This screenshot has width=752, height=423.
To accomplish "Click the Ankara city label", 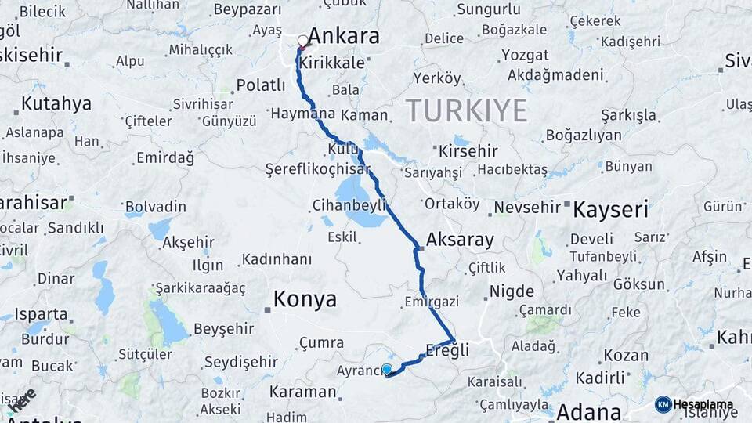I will pyautogui.click(x=344, y=36).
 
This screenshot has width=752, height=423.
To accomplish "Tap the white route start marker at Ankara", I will pyautogui.click(x=303, y=40).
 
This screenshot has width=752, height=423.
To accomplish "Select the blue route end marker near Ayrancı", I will pyautogui.click(x=386, y=369).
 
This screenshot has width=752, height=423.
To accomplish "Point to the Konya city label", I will pyautogui.click(x=305, y=298).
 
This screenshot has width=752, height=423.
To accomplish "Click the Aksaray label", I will pyautogui.click(x=460, y=240).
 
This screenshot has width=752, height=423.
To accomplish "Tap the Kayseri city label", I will pyautogui.click(x=610, y=209).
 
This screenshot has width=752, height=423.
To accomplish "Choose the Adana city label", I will pyautogui.click(x=588, y=411).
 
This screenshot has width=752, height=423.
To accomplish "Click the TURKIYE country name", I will pyautogui.click(x=467, y=110).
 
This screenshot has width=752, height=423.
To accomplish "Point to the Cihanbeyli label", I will pyautogui.click(x=349, y=204).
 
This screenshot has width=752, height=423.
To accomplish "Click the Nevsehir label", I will pyautogui.click(x=527, y=207).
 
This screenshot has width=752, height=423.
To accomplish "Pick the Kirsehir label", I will pyautogui.click(x=469, y=150).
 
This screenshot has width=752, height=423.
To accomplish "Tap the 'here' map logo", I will pyautogui.click(x=21, y=399).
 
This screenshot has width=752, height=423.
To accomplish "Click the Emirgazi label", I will pyautogui.click(x=431, y=302).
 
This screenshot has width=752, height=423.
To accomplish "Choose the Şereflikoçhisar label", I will pyautogui.click(x=317, y=168).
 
